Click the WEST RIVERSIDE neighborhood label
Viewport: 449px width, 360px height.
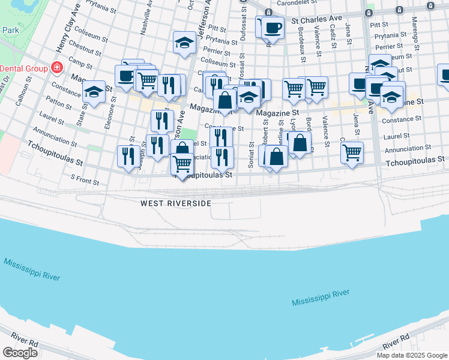coord(176,203)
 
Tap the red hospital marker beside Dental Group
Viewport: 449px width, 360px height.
coord(57,67)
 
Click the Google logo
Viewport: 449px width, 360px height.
coord(20,353)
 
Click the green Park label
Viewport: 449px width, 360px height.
coord(10,29)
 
